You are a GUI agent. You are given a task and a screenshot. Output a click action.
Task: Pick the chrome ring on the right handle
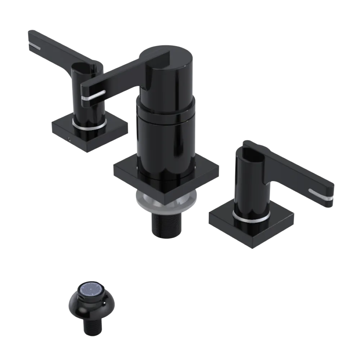pyautogui.click(x=251, y=217)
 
